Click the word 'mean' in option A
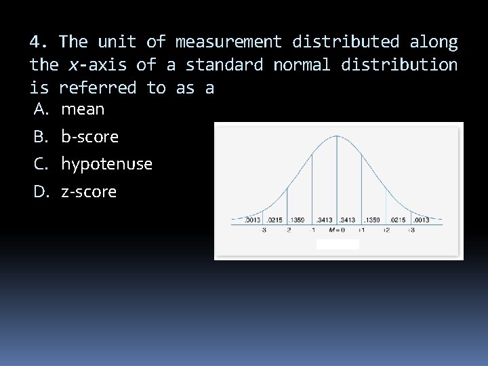point(83,109)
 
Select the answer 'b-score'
point(89,137)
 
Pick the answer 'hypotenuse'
point(106,164)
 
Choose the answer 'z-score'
point(89,192)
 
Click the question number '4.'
point(39,42)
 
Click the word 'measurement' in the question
point(228,42)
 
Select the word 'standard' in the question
point(224,65)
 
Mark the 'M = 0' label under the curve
point(337,230)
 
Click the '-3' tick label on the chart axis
point(264,230)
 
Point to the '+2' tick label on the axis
point(386,230)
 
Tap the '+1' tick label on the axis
point(361,230)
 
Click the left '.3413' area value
point(324,220)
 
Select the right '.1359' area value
point(373,220)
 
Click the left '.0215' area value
point(274,220)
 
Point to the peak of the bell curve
point(338,136)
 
